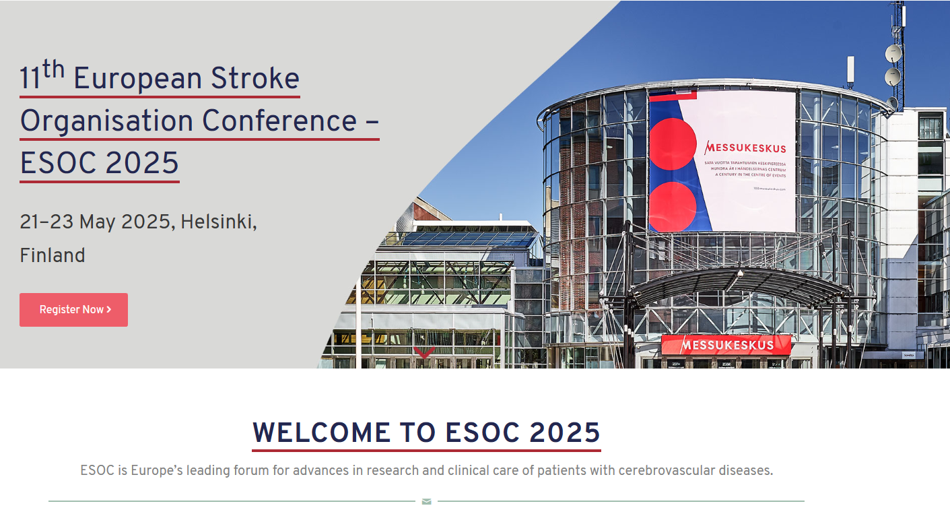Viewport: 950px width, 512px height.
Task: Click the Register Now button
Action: pos(73,310)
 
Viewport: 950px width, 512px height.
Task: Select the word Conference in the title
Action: pos(279,121)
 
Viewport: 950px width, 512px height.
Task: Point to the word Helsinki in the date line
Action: pos(217,222)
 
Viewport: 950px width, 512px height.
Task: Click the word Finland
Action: pos(53,255)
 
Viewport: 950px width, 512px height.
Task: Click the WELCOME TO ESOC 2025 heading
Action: pos(426,433)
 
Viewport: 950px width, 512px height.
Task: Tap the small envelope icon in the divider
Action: pos(426,501)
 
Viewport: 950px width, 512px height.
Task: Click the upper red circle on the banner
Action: pos(672,143)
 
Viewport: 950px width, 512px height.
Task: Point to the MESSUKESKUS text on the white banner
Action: pos(745,148)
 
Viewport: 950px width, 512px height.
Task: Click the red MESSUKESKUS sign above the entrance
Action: pos(726,345)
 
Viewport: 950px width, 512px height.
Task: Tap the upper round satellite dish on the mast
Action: pos(893,53)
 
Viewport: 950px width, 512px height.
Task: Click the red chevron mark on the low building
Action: pos(423,352)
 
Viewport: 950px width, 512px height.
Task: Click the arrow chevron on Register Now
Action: pos(109,310)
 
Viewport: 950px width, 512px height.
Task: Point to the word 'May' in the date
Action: pos(98,222)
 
